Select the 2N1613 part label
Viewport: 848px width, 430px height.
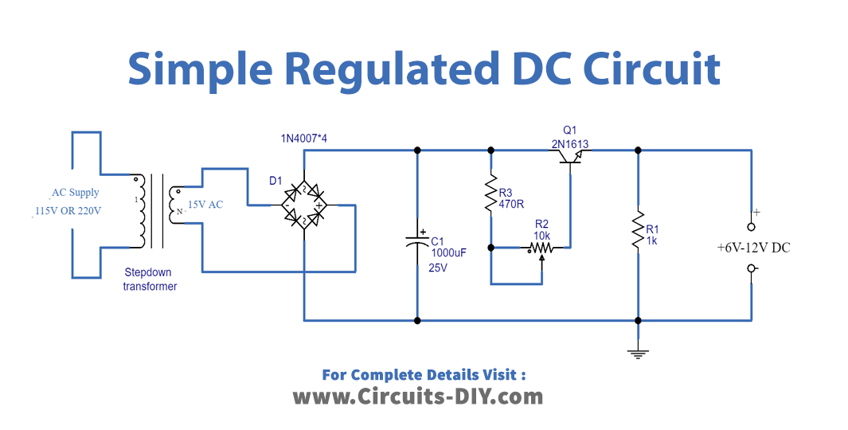[x=570, y=143]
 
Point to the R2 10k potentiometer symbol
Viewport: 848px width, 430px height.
[x=541, y=248]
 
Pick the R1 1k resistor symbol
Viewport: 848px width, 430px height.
[x=637, y=230]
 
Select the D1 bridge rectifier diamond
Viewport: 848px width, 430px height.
[x=305, y=205]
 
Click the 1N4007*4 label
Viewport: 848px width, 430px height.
[x=303, y=139]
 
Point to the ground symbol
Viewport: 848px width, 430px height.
[x=637, y=352]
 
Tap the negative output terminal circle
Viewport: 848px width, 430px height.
[x=751, y=268]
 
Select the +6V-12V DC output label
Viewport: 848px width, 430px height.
[x=753, y=248]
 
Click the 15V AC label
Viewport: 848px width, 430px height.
[x=205, y=205]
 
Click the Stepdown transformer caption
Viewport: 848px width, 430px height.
[x=150, y=279]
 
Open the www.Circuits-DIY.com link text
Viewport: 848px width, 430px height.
[x=418, y=396]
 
